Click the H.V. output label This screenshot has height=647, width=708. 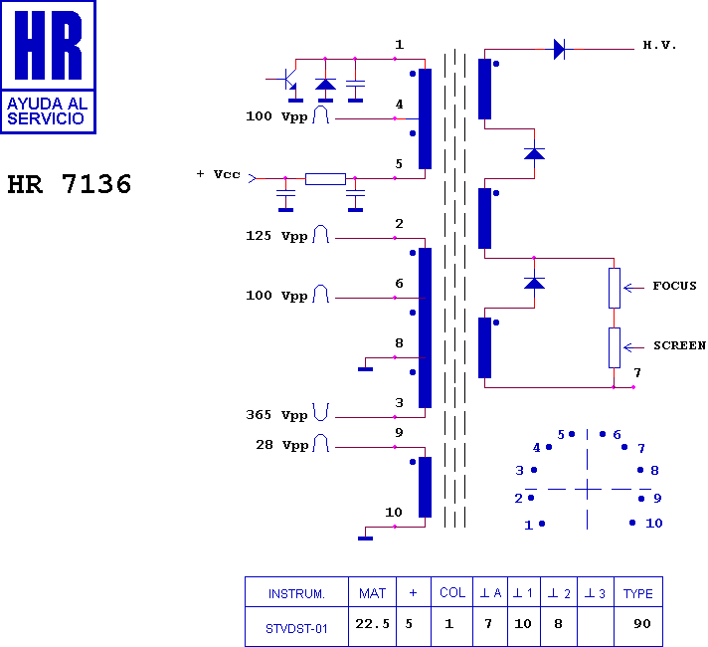659,45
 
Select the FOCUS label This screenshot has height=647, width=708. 674,286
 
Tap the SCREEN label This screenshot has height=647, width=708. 679,345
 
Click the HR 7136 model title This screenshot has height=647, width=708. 70,184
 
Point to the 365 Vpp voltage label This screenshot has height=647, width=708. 276,415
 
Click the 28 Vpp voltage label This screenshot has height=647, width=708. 281,445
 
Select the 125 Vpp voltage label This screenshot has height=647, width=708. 276,236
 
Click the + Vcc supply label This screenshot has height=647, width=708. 218,174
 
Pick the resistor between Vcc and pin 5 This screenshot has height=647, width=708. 325,179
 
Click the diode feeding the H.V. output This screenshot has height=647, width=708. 560,49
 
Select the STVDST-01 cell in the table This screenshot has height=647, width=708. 296,628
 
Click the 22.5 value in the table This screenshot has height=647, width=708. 372,624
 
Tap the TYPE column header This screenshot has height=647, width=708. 638,593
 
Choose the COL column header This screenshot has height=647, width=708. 452,592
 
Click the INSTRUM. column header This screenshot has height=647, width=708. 296,593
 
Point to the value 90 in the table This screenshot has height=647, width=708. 641,624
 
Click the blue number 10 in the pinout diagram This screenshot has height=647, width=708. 654,524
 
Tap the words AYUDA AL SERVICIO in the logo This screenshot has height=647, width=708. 47,111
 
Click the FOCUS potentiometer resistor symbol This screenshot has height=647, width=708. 615,288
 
